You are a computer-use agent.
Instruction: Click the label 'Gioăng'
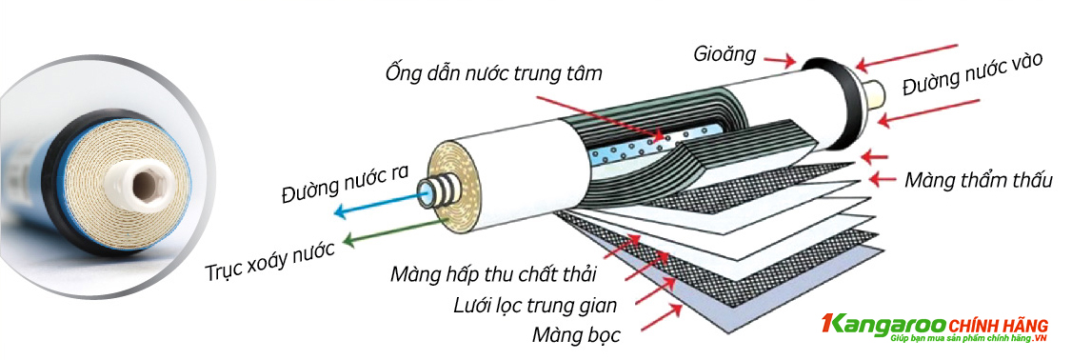click(x=725, y=53)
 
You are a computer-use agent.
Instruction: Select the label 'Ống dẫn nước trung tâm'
click(x=494, y=72)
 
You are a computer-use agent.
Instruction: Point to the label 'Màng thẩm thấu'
click(x=978, y=179)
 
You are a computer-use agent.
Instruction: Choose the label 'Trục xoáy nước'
click(x=270, y=257)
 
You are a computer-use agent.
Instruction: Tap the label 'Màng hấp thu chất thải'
click(x=492, y=275)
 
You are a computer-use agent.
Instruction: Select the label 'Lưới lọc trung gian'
click(x=537, y=306)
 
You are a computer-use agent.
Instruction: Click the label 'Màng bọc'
click(x=577, y=335)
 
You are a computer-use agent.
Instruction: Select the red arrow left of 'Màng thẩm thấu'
click(x=883, y=178)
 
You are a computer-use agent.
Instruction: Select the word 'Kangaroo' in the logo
click(x=877, y=326)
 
